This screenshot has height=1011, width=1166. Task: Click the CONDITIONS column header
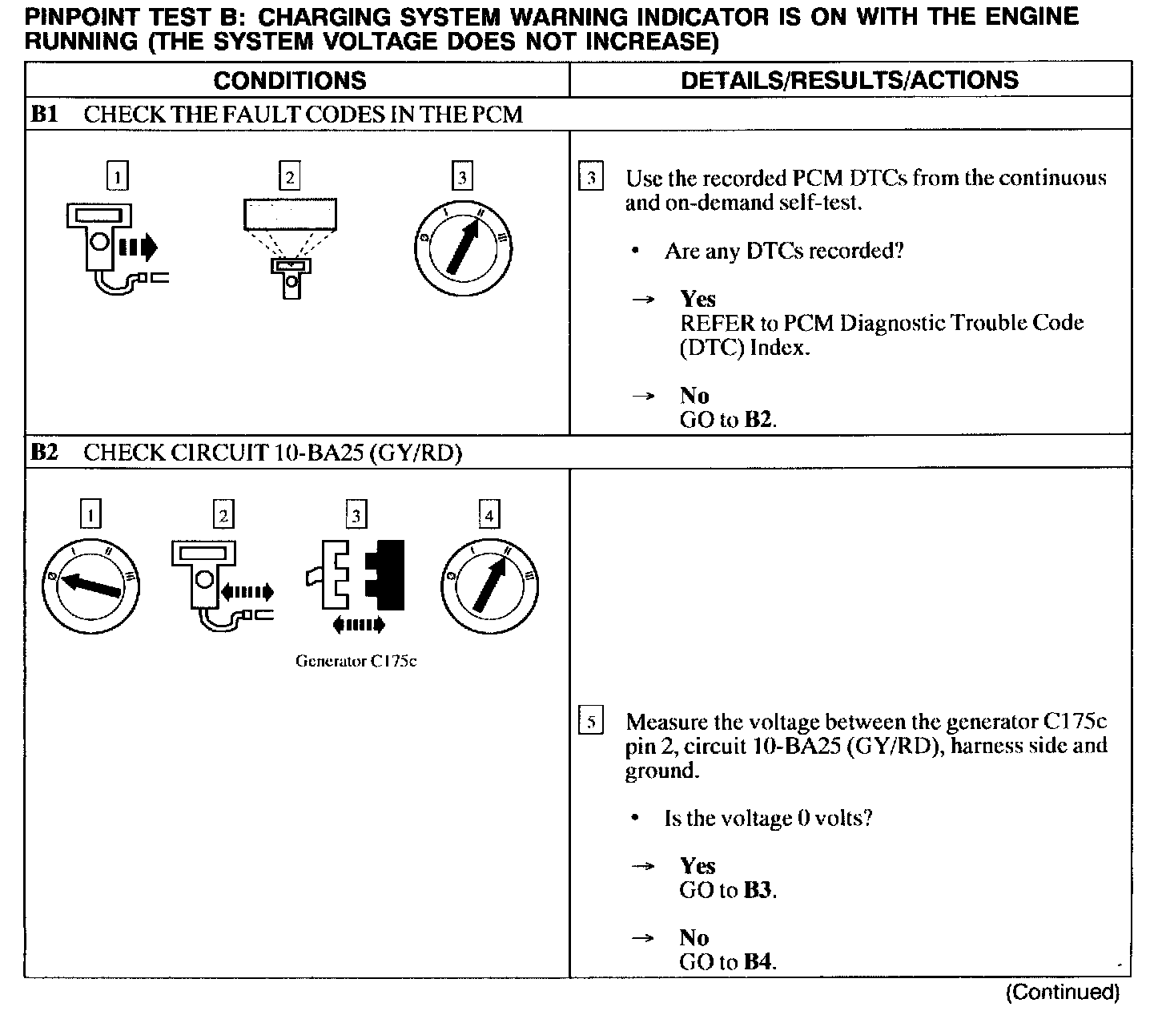point(289,80)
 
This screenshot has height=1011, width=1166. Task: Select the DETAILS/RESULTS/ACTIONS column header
point(849,80)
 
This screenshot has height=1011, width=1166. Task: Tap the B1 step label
point(44,115)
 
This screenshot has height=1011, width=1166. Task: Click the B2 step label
point(44,453)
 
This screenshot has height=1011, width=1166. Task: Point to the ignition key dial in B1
point(463,248)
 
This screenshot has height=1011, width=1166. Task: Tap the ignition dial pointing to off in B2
point(90,585)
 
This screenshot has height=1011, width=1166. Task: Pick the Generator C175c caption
point(356,662)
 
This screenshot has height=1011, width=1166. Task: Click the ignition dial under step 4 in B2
point(489,585)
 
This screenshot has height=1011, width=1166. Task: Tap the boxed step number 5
point(590,722)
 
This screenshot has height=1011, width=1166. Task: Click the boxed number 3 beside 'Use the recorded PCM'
point(590,178)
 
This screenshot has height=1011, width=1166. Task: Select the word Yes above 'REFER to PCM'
point(698,299)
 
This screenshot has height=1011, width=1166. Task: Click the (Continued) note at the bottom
point(1062,993)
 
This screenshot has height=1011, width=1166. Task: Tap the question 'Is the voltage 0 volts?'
point(767,818)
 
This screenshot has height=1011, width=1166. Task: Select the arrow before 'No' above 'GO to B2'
point(643,396)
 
